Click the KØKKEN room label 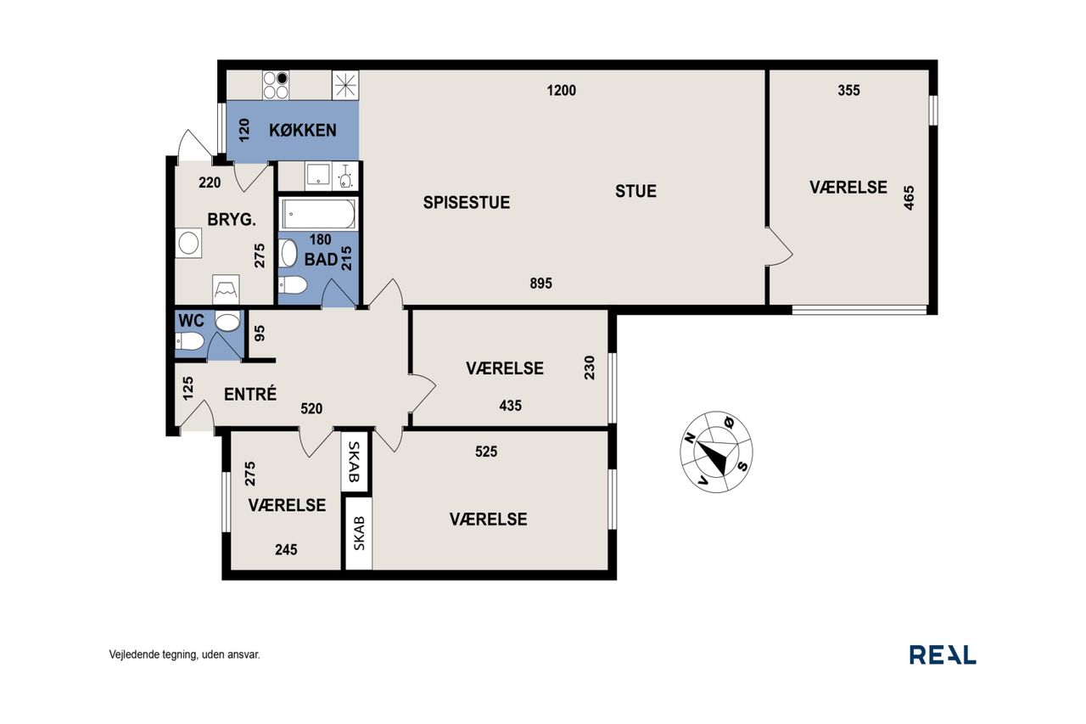pos(303,130)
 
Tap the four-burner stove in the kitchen pos(276,86)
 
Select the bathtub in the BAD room pos(318,214)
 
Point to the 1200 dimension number pos(562,91)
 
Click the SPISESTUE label pos(467,203)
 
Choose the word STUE pos(635,191)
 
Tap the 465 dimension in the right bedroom pos(909,198)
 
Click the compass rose pos(716,452)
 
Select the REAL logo pos(943,654)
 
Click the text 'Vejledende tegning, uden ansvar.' pos(184,654)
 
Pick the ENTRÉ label pos(250,394)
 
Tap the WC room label pos(192,321)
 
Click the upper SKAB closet pos(355,461)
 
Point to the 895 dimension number pos(540,283)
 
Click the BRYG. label pos(232,220)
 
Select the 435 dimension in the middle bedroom pos(511,406)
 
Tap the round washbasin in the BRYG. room pos(188,243)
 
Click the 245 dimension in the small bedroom pos(286,549)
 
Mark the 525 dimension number pos(486,452)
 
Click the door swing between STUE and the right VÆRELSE pos(780,246)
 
